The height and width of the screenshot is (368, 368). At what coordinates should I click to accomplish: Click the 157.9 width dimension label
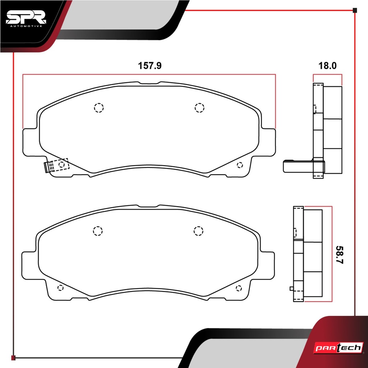(x=150, y=65)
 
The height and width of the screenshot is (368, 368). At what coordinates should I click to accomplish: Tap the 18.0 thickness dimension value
(x=327, y=65)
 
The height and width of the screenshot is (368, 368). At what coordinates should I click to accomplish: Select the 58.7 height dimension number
(x=339, y=255)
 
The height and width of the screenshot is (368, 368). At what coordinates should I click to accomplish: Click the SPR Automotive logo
(x=26, y=18)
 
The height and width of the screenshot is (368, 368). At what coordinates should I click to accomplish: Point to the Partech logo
(x=339, y=348)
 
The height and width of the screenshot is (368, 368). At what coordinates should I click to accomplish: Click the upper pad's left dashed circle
(x=99, y=108)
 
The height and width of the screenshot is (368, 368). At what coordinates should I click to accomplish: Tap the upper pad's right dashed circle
(x=199, y=108)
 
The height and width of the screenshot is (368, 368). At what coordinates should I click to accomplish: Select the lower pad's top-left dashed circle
(x=98, y=231)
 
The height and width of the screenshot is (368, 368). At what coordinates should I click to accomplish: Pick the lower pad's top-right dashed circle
(x=198, y=231)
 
